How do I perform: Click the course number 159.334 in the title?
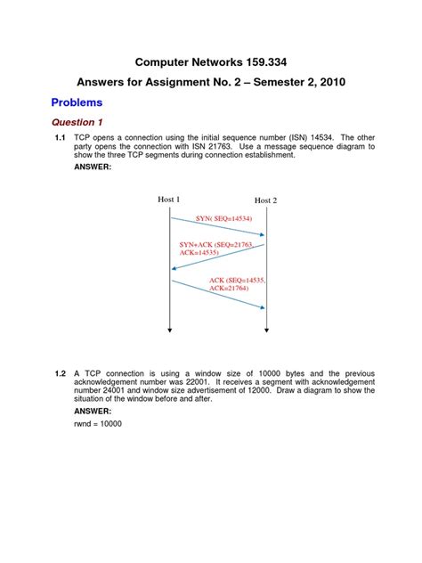[x=262, y=62]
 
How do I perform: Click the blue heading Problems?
[x=76, y=102]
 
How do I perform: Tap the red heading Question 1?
[x=77, y=122]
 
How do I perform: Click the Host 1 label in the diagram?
[x=169, y=200]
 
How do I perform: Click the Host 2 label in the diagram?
[x=265, y=200]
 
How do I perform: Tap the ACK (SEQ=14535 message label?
[x=237, y=280]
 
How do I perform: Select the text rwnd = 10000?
[x=97, y=423]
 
